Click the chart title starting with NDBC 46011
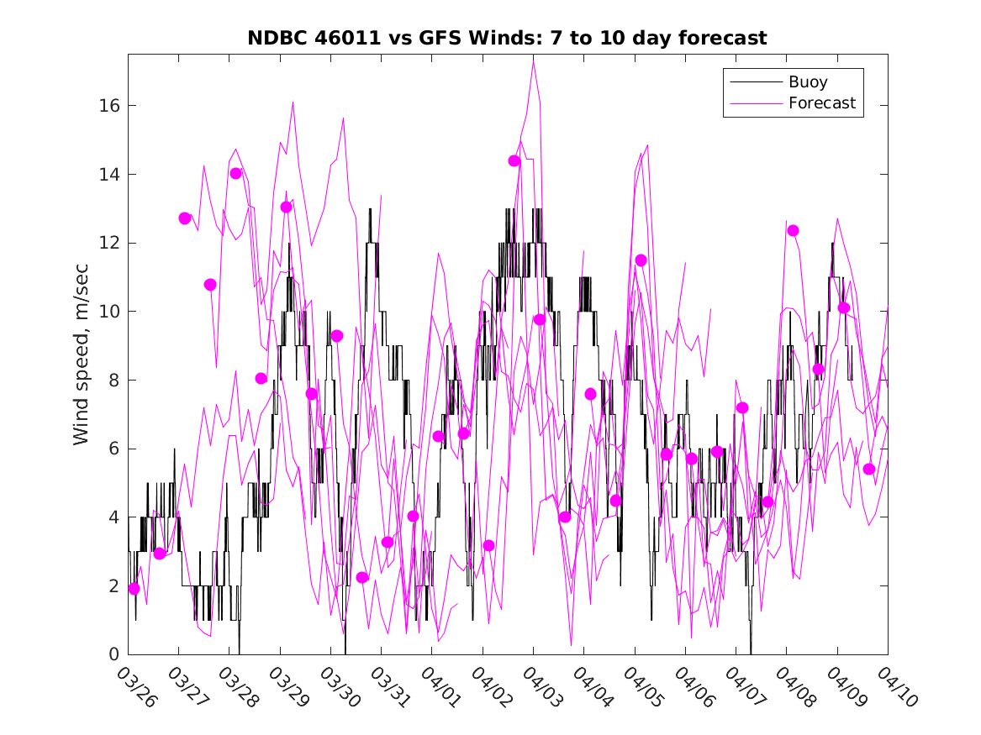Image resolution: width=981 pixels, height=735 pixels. pyautogui.click(x=507, y=39)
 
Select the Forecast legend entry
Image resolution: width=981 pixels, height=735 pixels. pyautogui.click(x=821, y=103)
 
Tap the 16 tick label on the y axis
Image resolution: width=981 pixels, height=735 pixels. pyautogui.click(x=110, y=106)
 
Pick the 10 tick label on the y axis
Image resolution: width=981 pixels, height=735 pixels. pyautogui.click(x=110, y=312)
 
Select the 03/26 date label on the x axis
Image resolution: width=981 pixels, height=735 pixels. pyautogui.click(x=137, y=686)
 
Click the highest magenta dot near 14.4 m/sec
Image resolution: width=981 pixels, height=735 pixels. pyautogui.click(x=514, y=160)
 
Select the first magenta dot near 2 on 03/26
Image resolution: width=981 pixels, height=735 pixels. pyautogui.click(x=134, y=589)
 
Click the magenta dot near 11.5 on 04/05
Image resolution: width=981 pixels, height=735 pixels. pyautogui.click(x=641, y=260)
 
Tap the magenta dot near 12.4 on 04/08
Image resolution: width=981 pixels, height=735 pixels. pyautogui.click(x=793, y=230)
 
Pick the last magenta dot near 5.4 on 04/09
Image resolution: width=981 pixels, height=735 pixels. pyautogui.click(x=869, y=469)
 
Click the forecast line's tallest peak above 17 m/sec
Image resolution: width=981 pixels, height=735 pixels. pyautogui.click(x=533, y=59)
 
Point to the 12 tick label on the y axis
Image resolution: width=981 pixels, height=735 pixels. pyautogui.click(x=110, y=243)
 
